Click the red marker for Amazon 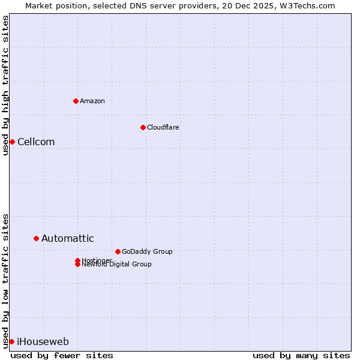click(x=76, y=101)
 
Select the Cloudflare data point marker click(x=143, y=127)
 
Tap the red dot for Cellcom click(x=12, y=142)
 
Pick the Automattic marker click(x=36, y=238)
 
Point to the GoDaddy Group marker click(x=118, y=251)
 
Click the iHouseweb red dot click(x=11, y=341)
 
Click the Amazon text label click(x=92, y=101)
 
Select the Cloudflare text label click(x=163, y=127)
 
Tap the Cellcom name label click(x=36, y=142)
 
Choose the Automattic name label click(x=68, y=238)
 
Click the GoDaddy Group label click(x=147, y=251)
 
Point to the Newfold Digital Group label click(x=116, y=265)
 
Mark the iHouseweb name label click(x=43, y=341)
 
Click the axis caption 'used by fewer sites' click(x=62, y=355)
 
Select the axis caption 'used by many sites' click(x=301, y=355)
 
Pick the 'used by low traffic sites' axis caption click(x=5, y=280)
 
